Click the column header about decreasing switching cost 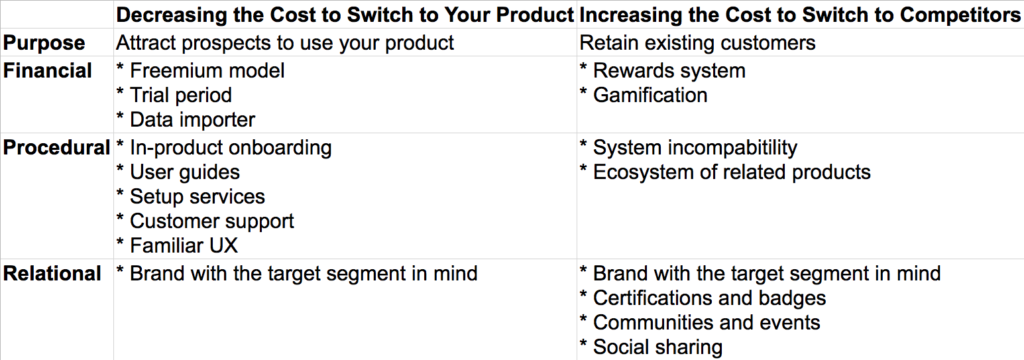tap(344, 16)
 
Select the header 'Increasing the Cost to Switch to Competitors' tap(800, 16)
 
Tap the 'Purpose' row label tap(44, 44)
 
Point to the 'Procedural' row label tap(55, 148)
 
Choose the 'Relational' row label tap(52, 273)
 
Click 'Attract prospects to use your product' tap(284, 44)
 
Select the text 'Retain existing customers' tap(696, 44)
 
